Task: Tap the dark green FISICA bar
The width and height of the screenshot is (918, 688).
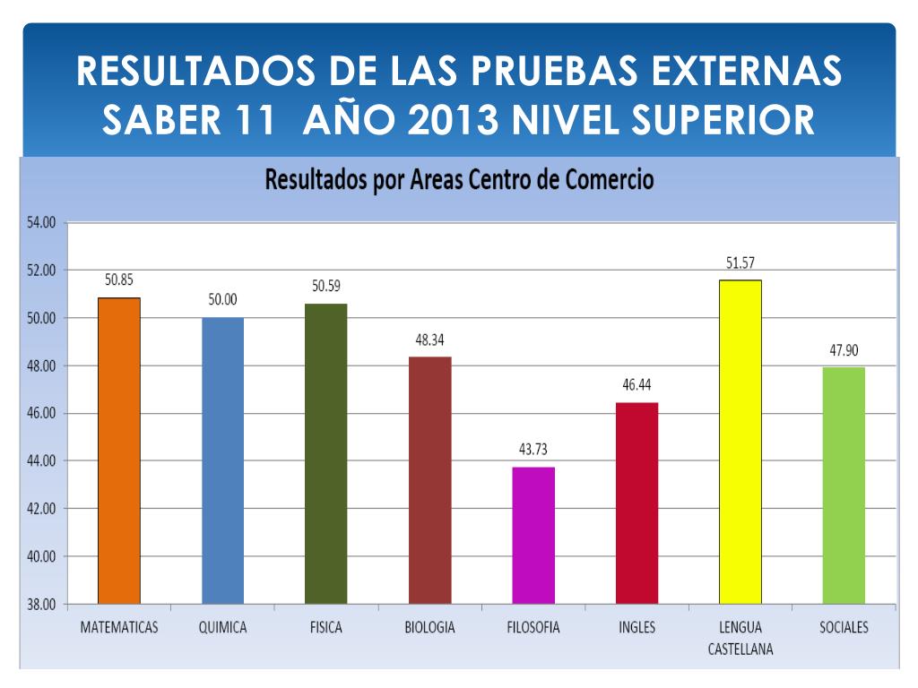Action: pos(326,453)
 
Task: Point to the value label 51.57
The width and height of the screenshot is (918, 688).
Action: pos(740,263)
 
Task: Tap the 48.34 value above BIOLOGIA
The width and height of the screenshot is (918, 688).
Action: pos(429,340)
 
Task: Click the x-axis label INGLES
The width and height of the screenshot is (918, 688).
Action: pos(637,628)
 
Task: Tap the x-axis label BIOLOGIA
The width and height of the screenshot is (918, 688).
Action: pos(429,628)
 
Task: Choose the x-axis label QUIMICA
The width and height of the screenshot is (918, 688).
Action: pos(222,628)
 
